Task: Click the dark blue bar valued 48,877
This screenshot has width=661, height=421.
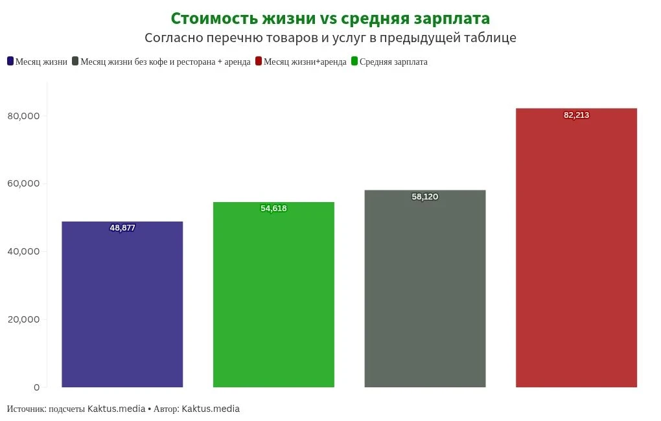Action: (122, 304)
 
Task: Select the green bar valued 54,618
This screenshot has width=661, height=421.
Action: (273, 295)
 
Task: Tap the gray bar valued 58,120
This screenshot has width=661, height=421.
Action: (425, 289)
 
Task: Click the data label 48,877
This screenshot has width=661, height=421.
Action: (122, 228)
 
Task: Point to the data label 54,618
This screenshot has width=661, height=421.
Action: (273, 209)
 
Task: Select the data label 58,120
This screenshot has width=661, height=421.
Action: (425, 197)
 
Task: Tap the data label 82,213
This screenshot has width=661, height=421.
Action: (576, 115)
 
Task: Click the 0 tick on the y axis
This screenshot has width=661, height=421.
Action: (36, 387)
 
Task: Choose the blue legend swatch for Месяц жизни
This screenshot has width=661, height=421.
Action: (10, 62)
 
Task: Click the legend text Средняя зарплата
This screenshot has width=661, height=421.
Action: (393, 62)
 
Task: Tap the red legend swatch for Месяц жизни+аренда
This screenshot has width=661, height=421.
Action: (259, 62)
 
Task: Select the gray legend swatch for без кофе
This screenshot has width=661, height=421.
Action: (76, 62)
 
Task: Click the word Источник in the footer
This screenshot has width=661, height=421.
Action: (25, 409)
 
